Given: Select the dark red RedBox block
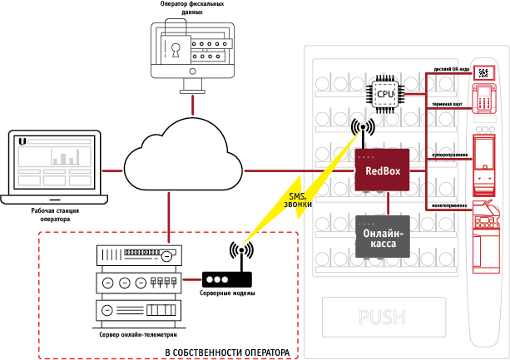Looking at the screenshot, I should pos(383,171).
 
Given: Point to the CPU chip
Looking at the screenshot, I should pos(385,94).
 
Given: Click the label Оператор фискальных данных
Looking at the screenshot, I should pos(191,9).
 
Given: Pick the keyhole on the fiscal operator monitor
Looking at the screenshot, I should pos(176,48).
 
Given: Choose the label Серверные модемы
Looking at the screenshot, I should pos(227,294).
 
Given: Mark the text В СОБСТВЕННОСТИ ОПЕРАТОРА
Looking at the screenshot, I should pos(227,353).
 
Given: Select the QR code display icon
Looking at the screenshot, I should pos(483,72).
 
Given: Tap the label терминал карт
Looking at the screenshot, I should pos(448,105).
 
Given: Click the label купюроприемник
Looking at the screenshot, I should pos(450,155).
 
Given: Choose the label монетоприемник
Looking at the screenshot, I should pos(449,205).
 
